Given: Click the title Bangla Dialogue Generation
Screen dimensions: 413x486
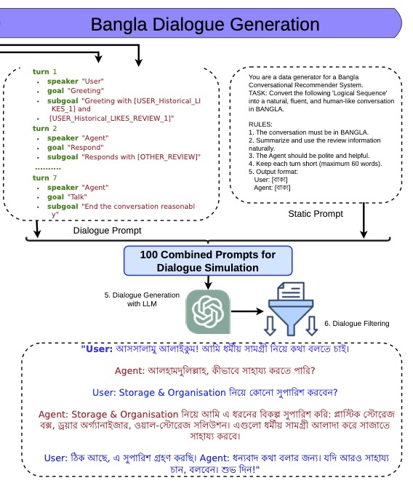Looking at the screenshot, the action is pyautogui.click(x=205, y=24).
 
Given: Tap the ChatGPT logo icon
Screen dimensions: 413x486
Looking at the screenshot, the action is pyautogui.click(x=208, y=311).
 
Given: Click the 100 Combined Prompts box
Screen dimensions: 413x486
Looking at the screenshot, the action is pyautogui.click(x=208, y=260).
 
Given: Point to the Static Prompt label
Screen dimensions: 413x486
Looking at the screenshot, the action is pyautogui.click(x=316, y=214).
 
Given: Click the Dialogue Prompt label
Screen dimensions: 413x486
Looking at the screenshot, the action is pyautogui.click(x=107, y=231).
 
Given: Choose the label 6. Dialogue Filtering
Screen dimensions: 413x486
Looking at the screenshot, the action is pyautogui.click(x=356, y=323).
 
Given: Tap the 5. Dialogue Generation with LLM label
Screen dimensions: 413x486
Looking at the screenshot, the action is pyautogui.click(x=142, y=299).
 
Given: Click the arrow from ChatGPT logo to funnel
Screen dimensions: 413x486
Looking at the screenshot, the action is pyautogui.click(x=247, y=311).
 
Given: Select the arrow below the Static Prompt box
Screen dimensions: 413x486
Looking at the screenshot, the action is pyautogui.click(x=364, y=220).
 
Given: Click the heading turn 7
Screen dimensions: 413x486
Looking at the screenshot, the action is pyautogui.click(x=44, y=178).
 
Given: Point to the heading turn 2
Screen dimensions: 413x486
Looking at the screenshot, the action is pyautogui.click(x=44, y=128).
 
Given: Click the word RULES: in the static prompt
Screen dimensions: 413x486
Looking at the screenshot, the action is pyautogui.click(x=260, y=124).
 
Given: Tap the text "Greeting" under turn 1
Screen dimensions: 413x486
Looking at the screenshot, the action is pyautogui.click(x=86, y=90).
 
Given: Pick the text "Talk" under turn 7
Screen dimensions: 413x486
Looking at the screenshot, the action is pyautogui.click(x=77, y=197).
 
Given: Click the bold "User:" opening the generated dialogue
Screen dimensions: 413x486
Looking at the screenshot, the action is pyautogui.click(x=97, y=349).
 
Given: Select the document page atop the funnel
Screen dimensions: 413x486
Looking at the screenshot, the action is pyautogui.click(x=291, y=291).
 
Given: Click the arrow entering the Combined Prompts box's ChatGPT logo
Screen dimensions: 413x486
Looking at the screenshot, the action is pyautogui.click(x=208, y=282).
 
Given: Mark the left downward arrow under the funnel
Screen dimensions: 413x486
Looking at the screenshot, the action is pyautogui.click(x=270, y=326).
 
